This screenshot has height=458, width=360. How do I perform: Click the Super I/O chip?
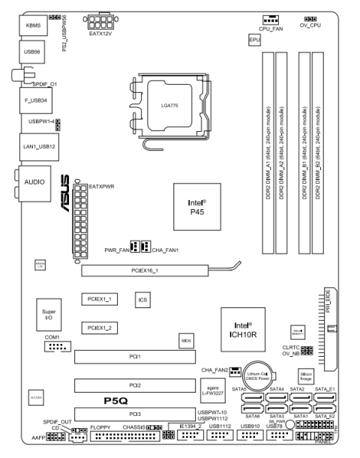coord(49,314)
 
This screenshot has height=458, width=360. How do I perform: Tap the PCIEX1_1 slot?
coord(99,299)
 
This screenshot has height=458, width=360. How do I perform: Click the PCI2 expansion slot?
coord(135,385)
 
